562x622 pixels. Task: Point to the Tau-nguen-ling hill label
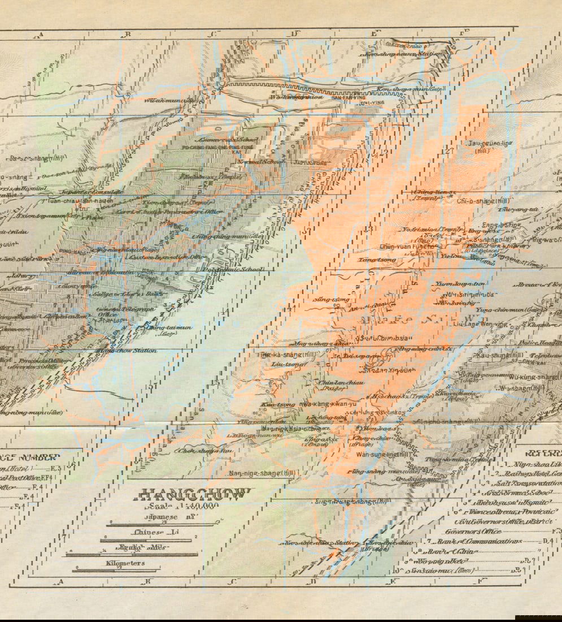(488, 146)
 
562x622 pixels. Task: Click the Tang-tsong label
(373, 260)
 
